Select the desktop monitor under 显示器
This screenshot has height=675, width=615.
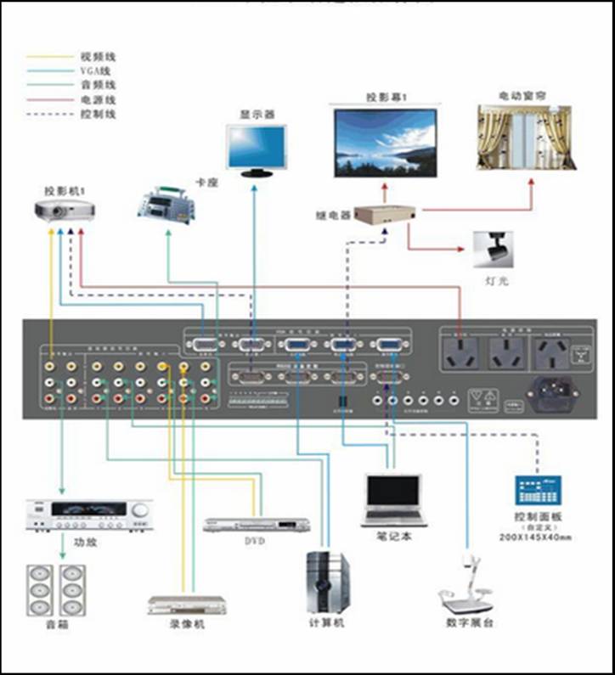point(257,149)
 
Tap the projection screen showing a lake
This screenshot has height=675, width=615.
point(385,142)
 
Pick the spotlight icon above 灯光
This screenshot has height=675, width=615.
point(490,247)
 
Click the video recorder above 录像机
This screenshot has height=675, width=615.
point(187,605)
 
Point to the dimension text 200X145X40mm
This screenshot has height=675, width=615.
point(537,538)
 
